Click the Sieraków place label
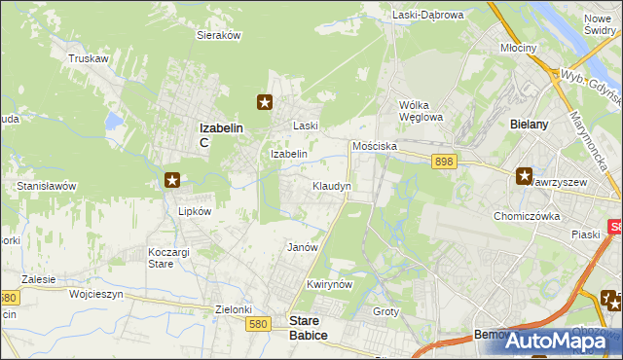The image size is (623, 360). (219, 34)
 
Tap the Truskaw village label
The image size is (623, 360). (87, 58)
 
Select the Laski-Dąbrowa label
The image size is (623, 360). (428, 15)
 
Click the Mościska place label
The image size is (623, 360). (374, 145)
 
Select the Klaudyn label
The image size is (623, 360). (331, 185)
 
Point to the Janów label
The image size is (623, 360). (303, 247)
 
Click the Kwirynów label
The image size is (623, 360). (327, 284)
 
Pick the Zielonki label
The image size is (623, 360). (234, 309)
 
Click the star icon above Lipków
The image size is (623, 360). (172, 179)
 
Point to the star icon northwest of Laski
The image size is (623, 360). (264, 100)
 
